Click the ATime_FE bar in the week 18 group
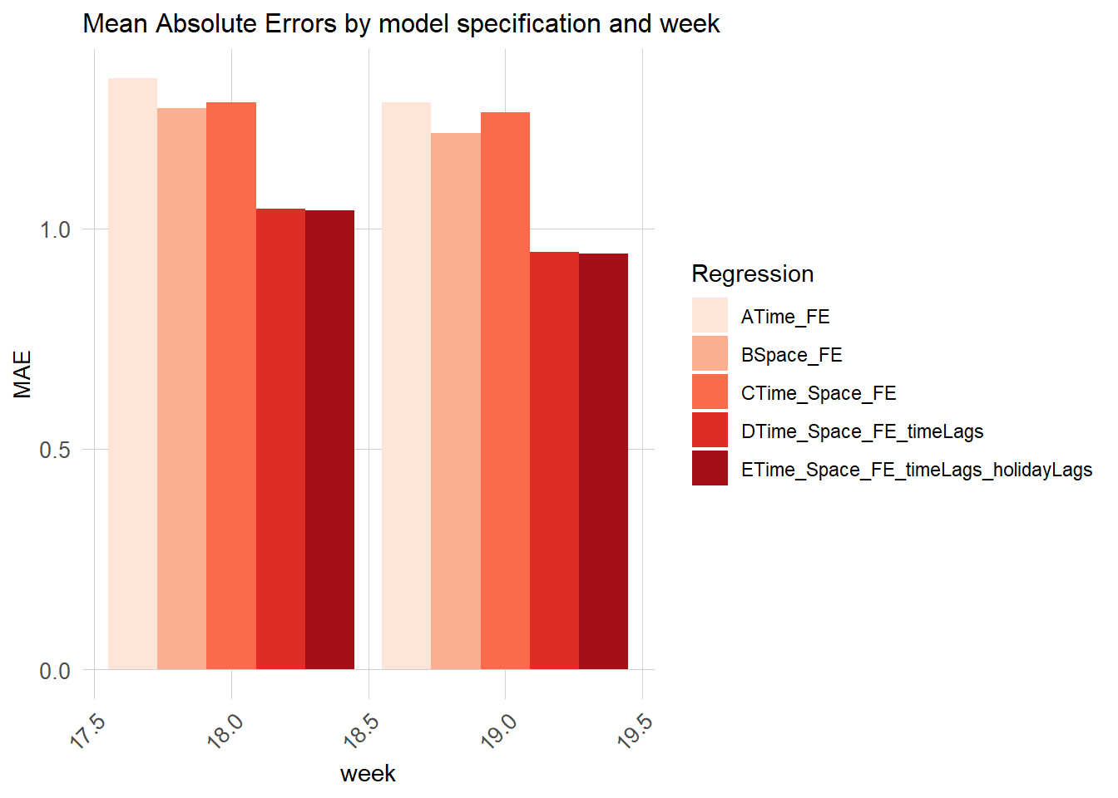pos(132,374)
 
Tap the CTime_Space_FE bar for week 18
pos(231,386)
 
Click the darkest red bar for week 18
pos(329,440)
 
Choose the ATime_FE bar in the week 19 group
pos(406,386)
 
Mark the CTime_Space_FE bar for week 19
pos(505,391)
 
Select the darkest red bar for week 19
pos(603,461)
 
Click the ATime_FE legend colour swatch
pos(710,316)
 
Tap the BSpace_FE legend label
pos(791,355)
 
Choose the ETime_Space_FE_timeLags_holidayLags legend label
pos(916,470)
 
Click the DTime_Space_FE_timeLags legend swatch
pos(710,431)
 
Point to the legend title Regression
pos(752,273)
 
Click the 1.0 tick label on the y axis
pos(55,229)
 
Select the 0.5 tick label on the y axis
pos(55,450)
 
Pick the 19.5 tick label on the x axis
pos(636,731)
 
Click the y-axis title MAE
pos(22,374)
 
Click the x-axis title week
pos(368,774)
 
